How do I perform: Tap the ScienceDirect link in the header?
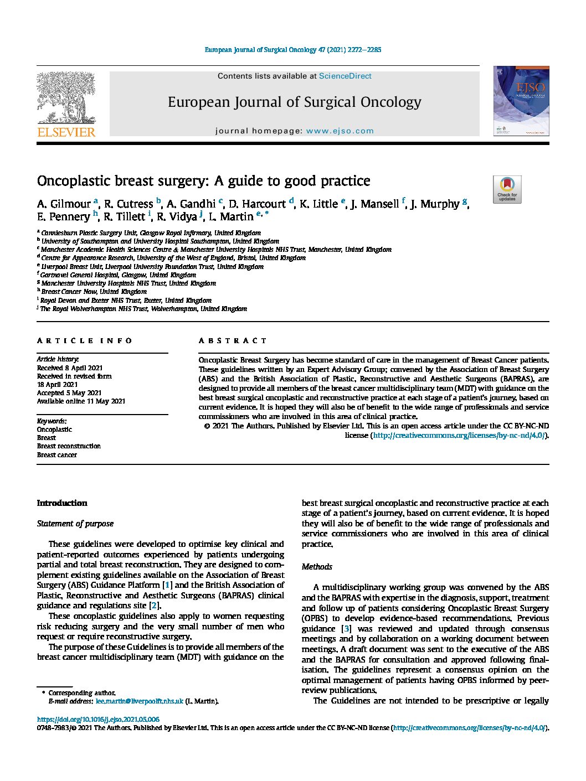coord(345,76)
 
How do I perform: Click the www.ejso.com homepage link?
coord(340,131)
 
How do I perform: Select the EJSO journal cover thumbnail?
coord(521,101)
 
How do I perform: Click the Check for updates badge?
coord(507,189)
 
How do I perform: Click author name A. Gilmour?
coord(64,204)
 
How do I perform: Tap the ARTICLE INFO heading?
coord(85,341)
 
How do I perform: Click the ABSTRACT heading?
coord(233,341)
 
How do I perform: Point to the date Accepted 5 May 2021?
coord(69,393)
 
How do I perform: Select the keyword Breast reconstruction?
coord(69,446)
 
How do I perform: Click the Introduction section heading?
coord(62,503)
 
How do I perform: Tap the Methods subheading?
coord(317,567)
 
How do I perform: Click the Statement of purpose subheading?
coord(75,524)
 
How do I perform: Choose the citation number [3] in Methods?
coord(347,629)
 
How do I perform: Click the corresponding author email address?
coord(139,701)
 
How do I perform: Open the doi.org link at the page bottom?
coord(98,720)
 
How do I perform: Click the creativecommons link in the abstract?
coord(459,436)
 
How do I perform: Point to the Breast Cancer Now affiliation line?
coord(94,292)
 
